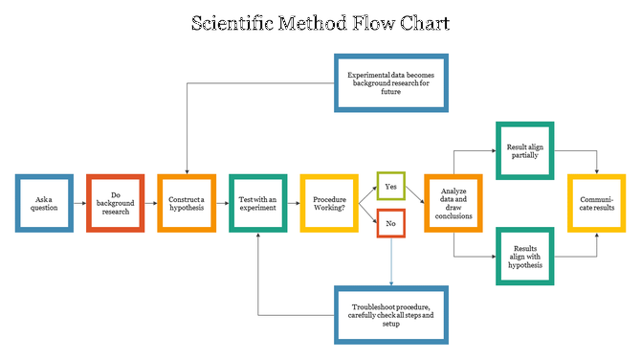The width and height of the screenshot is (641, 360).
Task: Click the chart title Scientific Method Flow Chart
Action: (320, 23)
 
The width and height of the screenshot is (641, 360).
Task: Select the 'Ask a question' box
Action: (44, 203)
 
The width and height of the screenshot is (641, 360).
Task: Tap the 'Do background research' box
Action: (115, 203)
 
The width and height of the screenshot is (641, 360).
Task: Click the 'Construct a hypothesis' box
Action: (187, 203)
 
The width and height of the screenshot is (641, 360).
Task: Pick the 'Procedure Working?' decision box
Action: (330, 203)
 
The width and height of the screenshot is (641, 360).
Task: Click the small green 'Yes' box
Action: (391, 186)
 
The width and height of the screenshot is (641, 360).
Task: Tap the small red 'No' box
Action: (391, 223)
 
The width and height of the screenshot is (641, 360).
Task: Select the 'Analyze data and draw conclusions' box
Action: (453, 203)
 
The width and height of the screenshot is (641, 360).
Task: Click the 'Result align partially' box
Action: (524, 150)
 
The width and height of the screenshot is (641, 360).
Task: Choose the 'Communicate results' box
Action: (596, 203)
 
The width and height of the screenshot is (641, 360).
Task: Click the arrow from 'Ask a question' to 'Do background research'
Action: (79, 203)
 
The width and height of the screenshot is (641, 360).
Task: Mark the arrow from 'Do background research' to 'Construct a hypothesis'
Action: (151, 203)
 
